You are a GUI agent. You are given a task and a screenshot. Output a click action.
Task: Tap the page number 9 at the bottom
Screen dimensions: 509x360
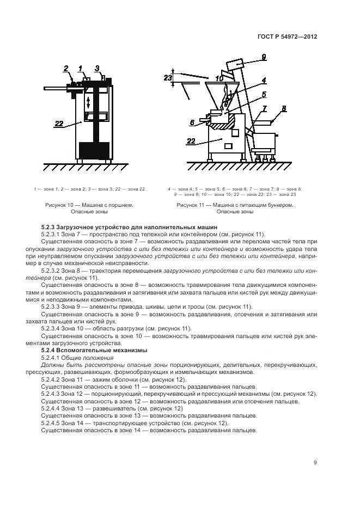(315, 463)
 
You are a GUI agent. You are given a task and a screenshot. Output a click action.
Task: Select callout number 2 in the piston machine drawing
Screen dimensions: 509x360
(66, 68)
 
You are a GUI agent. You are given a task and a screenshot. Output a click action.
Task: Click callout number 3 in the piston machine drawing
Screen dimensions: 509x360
(97, 68)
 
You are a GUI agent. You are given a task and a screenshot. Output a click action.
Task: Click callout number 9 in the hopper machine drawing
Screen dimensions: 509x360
(263, 57)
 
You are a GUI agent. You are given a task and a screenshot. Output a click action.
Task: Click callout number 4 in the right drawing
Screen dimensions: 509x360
(263, 80)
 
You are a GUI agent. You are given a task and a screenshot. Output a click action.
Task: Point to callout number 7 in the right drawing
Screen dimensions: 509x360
(264, 108)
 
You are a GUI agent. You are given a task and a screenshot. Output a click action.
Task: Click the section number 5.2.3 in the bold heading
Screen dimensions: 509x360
(49, 226)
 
